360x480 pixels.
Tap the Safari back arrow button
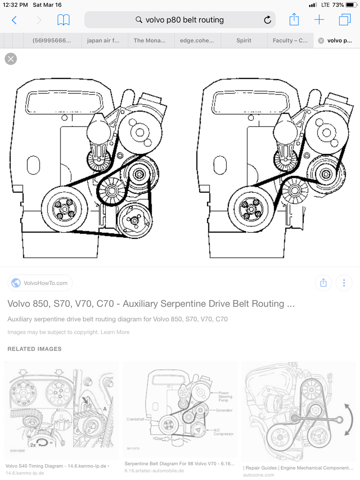click(14, 20)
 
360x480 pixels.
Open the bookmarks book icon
click(63, 20)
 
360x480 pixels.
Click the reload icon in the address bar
click(267, 20)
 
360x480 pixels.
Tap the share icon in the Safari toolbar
click(294, 20)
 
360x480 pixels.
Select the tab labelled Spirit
click(244, 40)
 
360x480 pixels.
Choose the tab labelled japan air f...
click(103, 40)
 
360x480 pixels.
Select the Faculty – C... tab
click(290, 40)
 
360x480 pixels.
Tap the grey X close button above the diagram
click(11, 59)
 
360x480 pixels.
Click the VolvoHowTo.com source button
click(40, 283)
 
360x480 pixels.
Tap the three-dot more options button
click(344, 283)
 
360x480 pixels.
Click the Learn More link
click(115, 332)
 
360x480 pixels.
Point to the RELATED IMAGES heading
click(34, 349)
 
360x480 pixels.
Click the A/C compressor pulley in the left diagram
click(134, 220)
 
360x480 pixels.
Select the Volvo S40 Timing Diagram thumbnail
click(61, 410)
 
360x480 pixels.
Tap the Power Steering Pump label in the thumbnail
click(225, 397)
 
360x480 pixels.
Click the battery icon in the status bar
click(351, 5)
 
